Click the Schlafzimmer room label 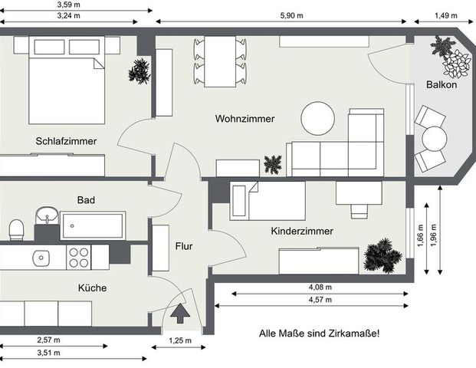[x=65, y=141]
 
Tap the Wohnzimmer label [x=245, y=119]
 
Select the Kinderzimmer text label [x=302, y=231]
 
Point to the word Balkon [x=442, y=85]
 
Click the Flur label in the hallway [x=183, y=247]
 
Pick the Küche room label [x=91, y=288]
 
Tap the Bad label [x=86, y=200]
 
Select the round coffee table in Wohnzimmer [x=317, y=119]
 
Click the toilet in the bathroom [x=16, y=229]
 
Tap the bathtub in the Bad [x=92, y=227]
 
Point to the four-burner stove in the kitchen [x=79, y=257]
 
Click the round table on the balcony [x=435, y=139]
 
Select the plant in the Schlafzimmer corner [x=140, y=72]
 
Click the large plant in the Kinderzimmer [x=380, y=255]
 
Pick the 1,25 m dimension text [x=179, y=340]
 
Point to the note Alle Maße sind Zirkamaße [x=320, y=333]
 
